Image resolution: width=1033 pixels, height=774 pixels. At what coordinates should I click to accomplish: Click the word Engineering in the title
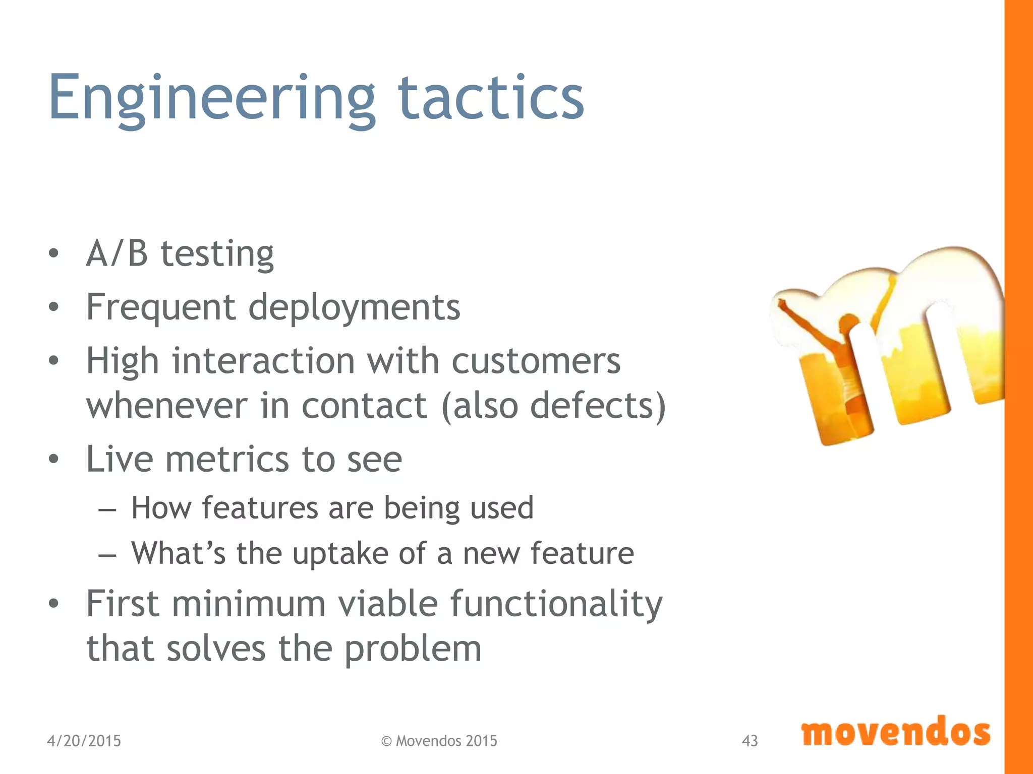(x=212, y=98)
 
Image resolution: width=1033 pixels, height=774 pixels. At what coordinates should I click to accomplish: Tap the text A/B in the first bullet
(x=117, y=253)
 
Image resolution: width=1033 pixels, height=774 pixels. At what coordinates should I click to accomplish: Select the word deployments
(x=354, y=307)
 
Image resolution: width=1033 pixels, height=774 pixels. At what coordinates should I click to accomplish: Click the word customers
(x=536, y=361)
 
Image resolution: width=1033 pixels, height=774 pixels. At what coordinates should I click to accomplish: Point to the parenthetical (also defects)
(x=553, y=406)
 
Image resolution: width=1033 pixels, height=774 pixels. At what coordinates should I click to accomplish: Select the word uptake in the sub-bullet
(x=340, y=554)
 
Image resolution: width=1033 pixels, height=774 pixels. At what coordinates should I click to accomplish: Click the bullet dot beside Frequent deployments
(x=54, y=306)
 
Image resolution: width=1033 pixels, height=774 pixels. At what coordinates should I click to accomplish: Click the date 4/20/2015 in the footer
(x=84, y=741)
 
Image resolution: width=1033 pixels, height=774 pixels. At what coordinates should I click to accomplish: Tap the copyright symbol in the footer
(x=386, y=741)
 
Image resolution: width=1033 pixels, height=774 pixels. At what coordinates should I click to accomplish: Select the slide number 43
(x=750, y=741)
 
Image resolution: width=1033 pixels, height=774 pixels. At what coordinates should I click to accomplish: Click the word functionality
(x=556, y=604)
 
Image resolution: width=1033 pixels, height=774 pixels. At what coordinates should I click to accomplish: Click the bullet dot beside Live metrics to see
(x=54, y=460)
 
